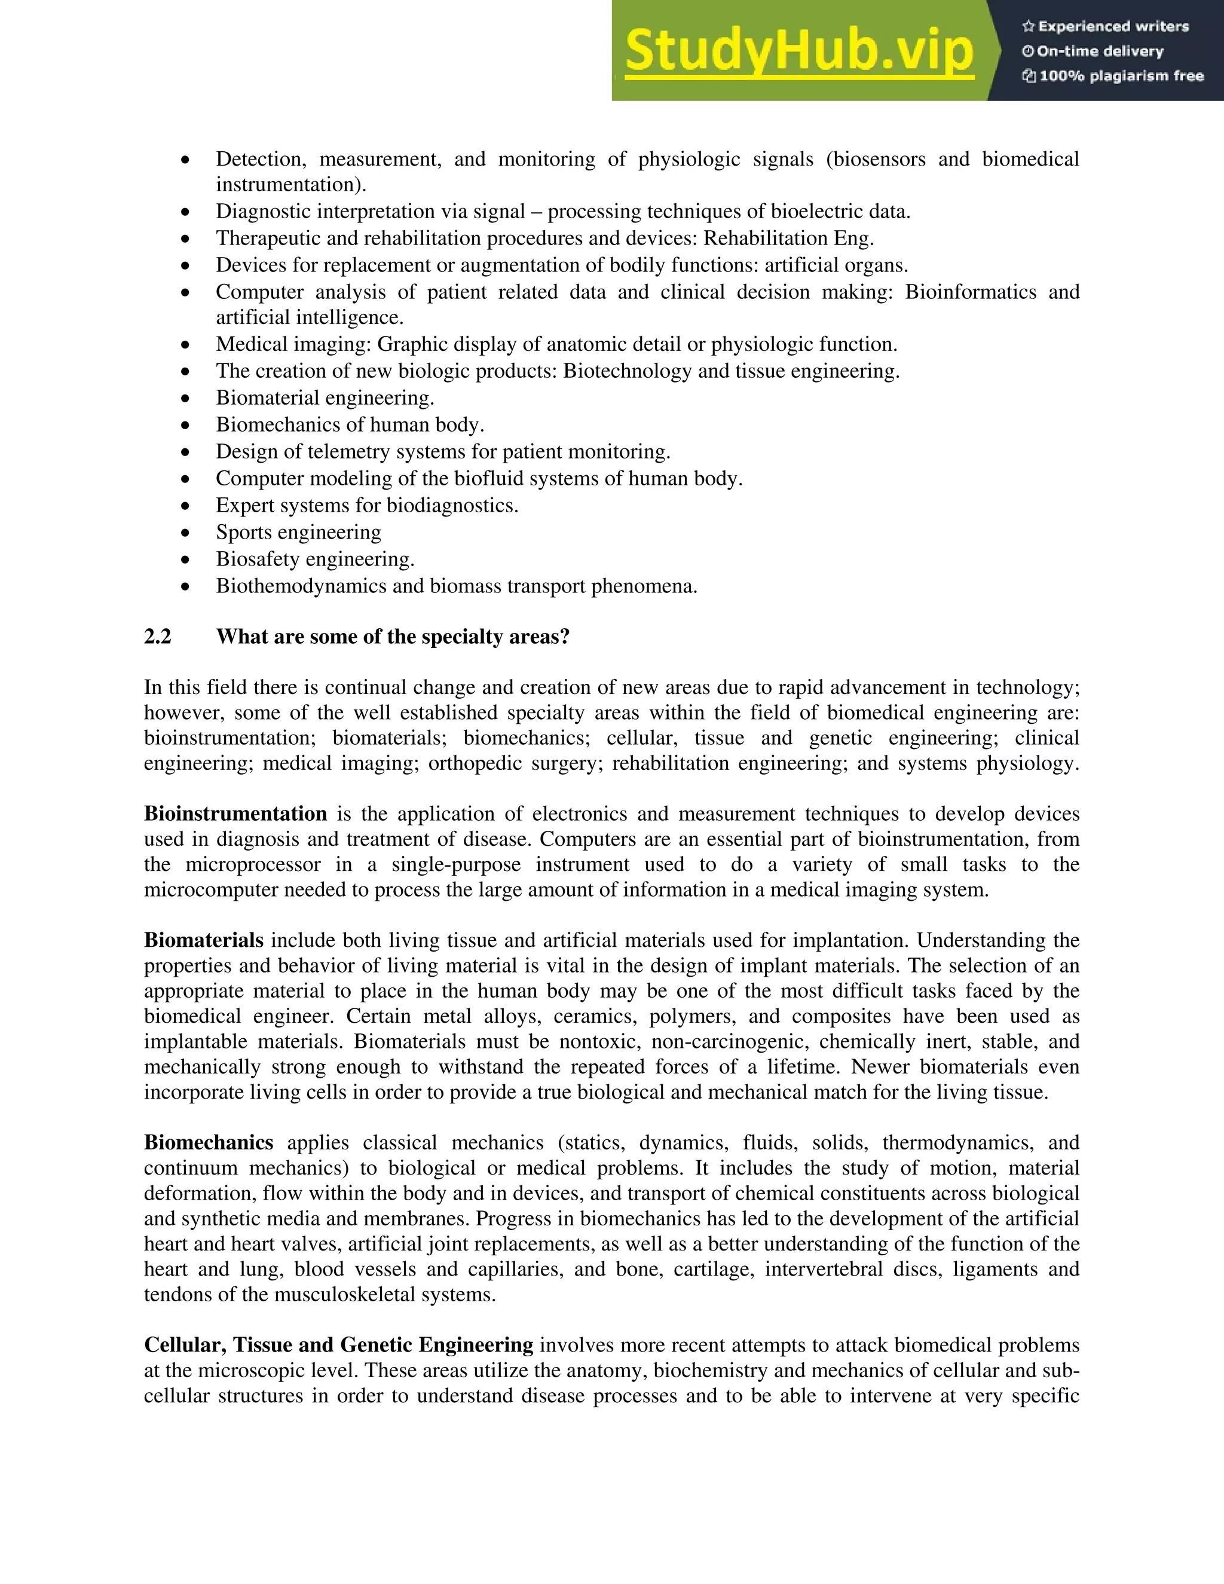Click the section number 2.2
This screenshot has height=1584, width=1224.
157,637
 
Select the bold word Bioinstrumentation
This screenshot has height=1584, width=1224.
235,814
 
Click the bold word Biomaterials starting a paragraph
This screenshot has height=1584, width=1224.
204,941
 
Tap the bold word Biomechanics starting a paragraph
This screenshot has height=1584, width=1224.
208,1143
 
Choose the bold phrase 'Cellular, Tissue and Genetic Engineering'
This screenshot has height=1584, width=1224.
339,1346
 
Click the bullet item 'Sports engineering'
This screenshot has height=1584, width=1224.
298,533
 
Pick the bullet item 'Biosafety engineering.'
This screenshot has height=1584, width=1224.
315,559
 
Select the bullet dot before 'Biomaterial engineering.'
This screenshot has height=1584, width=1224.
186,399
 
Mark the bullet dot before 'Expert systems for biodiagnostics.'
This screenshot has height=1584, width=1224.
186,506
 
